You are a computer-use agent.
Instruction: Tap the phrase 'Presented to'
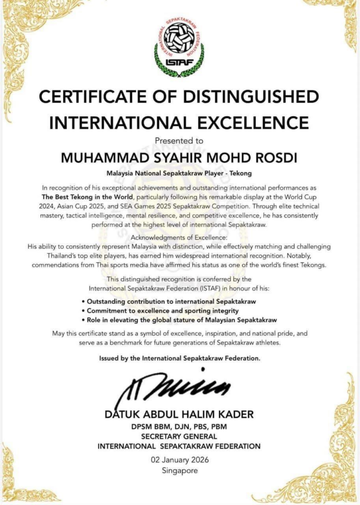(179, 141)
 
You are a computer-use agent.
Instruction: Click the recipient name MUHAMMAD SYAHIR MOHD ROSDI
(179, 157)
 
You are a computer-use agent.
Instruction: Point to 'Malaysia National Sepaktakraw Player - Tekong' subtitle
(179, 173)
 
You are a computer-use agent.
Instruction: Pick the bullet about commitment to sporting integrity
(163, 311)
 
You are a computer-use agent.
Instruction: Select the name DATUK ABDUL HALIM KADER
(179, 414)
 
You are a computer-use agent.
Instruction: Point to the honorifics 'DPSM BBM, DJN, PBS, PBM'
(179, 427)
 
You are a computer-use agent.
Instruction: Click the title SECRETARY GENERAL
(179, 436)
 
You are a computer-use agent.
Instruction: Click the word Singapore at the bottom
(179, 470)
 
